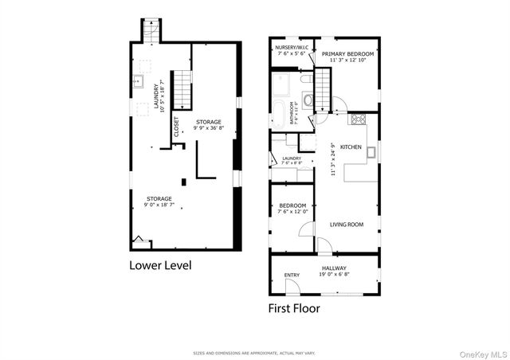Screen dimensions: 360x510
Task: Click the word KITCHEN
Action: point(351,147)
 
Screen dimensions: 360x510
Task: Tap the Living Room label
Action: point(347,225)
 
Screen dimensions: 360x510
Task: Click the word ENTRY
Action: point(292,276)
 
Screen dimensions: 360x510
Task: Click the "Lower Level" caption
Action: point(160,264)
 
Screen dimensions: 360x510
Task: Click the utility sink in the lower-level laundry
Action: point(137,80)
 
